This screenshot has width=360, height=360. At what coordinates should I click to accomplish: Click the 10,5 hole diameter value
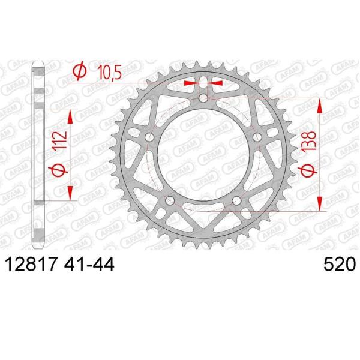(x=109, y=73)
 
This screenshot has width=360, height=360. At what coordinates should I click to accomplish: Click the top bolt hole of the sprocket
(x=203, y=98)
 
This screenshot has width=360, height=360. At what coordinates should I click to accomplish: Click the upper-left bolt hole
(x=149, y=138)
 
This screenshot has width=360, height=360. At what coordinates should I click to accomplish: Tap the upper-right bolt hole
(x=258, y=138)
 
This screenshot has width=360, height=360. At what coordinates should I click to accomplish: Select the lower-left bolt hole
(x=170, y=200)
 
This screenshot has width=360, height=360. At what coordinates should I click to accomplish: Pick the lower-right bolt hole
(x=237, y=200)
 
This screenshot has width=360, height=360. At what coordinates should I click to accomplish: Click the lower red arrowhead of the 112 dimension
(x=71, y=193)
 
